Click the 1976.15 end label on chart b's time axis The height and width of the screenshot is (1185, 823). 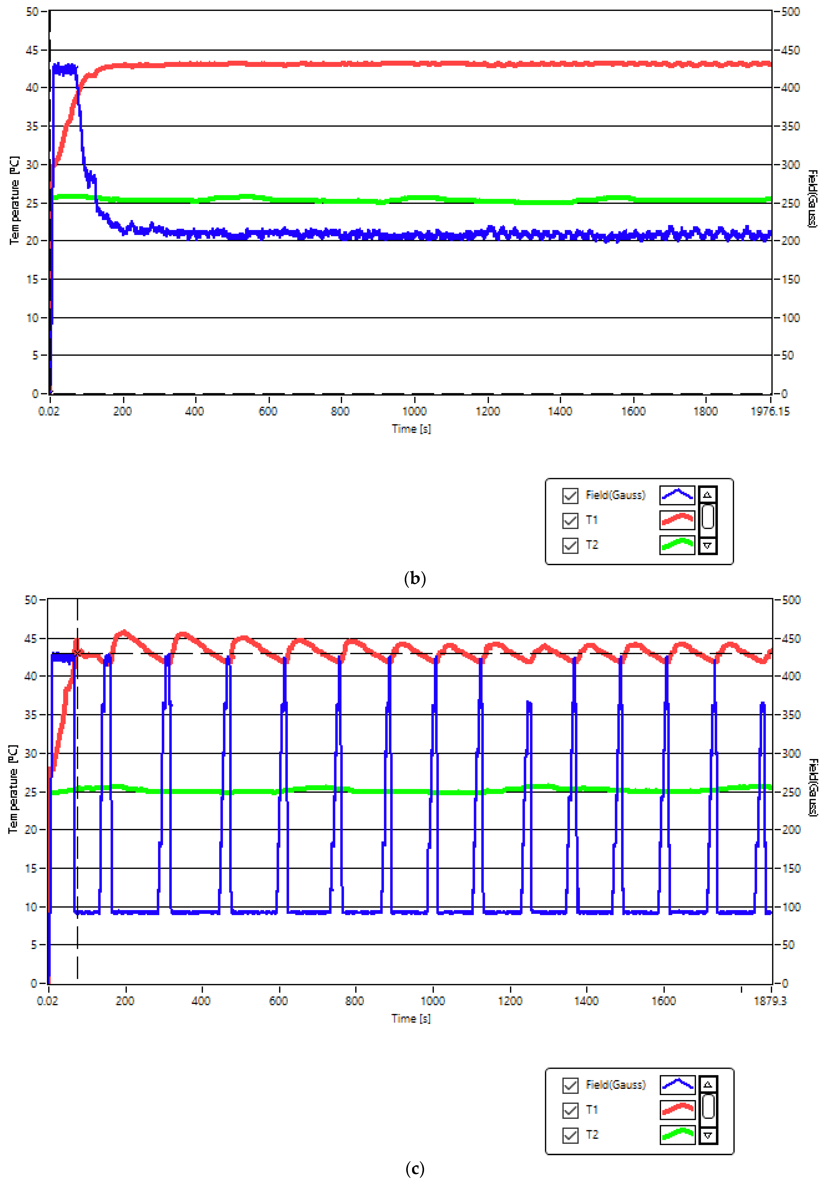769,411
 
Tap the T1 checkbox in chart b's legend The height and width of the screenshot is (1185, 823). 570,520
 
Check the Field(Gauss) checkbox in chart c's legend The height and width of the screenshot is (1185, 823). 570,1085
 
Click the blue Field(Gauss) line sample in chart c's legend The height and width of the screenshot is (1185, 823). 677,1085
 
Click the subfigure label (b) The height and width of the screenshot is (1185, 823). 415,579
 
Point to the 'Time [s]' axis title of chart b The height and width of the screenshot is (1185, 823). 411,429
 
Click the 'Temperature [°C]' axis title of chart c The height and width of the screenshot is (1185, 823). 14,789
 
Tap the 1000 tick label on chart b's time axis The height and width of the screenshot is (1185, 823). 414,411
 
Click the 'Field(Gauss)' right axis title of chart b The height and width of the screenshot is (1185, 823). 812,199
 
